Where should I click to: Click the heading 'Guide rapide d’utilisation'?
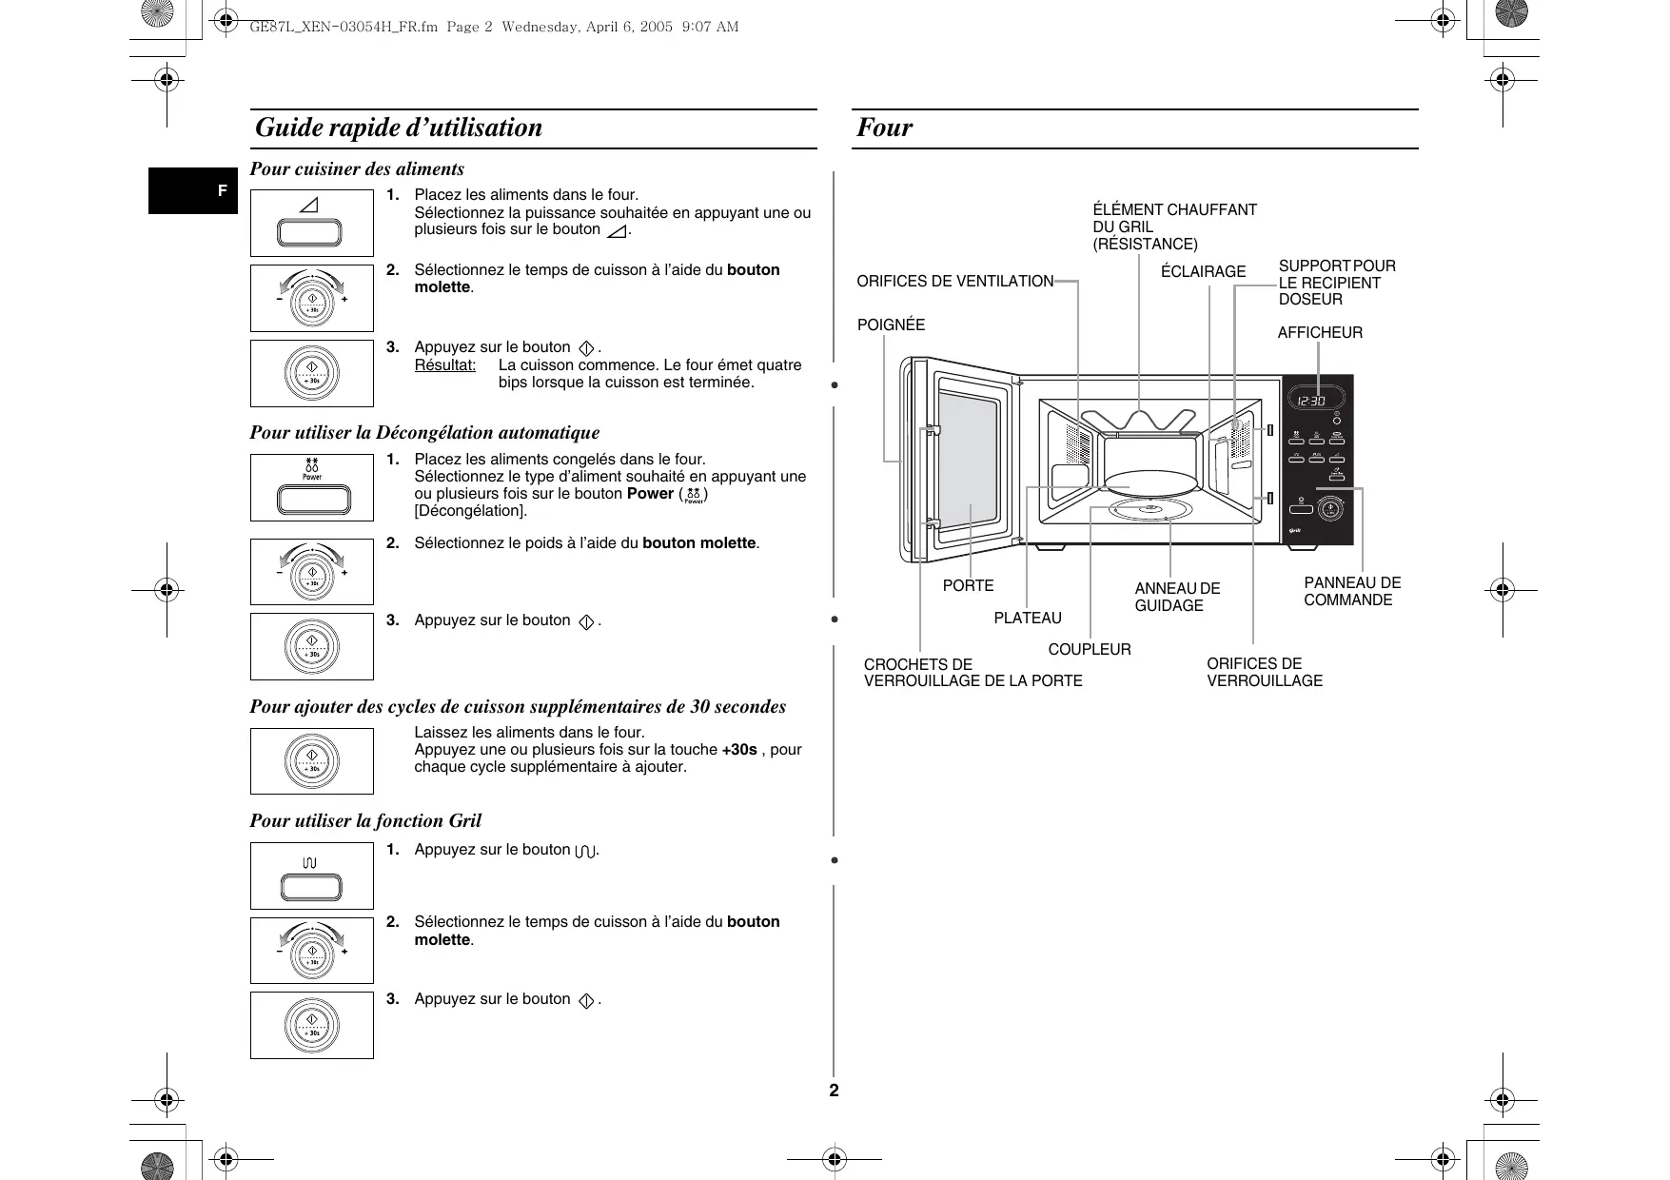pos(399,128)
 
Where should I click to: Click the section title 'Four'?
pos(884,128)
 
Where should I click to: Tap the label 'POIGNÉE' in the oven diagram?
pos(891,325)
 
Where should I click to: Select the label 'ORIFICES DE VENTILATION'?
pos(954,282)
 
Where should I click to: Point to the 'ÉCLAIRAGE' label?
pos(1203,272)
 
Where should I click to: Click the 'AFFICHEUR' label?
pos(1319,333)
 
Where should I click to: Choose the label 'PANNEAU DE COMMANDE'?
pos(1351,592)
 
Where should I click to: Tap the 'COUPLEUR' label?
pos(1090,650)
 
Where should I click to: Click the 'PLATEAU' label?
pos(1027,619)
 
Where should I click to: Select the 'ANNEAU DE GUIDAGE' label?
pos(1176,598)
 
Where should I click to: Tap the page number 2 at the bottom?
pos(835,1091)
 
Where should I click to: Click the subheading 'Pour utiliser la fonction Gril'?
pos(365,821)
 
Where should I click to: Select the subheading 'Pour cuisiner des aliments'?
pos(357,169)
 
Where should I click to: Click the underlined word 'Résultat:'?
pos(444,365)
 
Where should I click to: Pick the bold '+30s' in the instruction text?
pos(739,750)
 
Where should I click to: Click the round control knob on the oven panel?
pos(1330,509)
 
